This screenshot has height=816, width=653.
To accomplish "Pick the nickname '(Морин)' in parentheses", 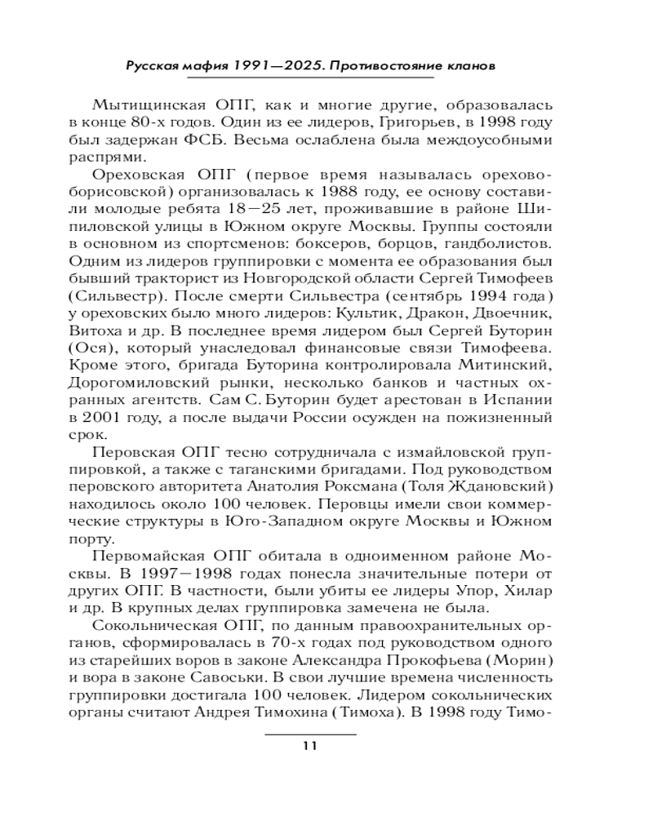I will pyautogui.click(x=513, y=659).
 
